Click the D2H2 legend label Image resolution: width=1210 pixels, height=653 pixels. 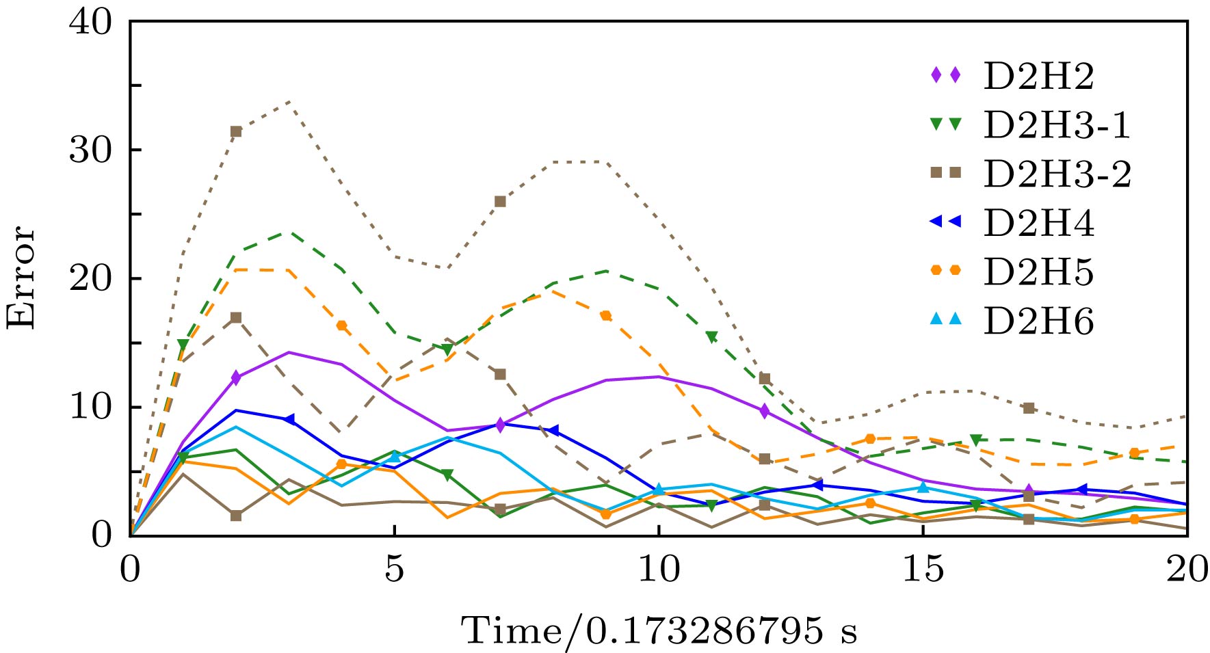[x=1038, y=76]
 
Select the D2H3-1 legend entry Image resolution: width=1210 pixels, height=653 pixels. [x=1057, y=125]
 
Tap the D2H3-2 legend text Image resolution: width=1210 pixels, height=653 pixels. [x=1057, y=174]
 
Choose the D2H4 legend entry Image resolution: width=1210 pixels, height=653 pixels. [x=1038, y=223]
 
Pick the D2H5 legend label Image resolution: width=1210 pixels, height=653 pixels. [x=1038, y=272]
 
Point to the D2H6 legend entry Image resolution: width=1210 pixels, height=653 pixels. [x=1038, y=321]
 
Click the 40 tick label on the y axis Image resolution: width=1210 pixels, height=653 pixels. [x=90, y=23]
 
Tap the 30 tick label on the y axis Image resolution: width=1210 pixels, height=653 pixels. [x=90, y=150]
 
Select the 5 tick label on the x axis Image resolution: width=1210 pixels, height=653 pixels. [x=395, y=570]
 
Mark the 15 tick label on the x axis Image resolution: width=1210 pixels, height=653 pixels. [x=923, y=570]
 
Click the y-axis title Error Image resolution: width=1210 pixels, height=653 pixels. [x=21, y=277]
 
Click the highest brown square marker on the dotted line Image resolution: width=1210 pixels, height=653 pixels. [x=236, y=131]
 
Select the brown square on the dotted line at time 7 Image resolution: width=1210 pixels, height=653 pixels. [x=500, y=201]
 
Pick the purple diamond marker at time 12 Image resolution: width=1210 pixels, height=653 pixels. [x=765, y=411]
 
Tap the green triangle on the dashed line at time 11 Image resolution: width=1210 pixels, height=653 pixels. [x=712, y=337]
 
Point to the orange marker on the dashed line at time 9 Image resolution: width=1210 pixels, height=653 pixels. [x=606, y=316]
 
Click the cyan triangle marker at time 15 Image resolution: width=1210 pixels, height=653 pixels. [x=923, y=487]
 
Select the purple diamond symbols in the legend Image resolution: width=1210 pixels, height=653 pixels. [x=946, y=76]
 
